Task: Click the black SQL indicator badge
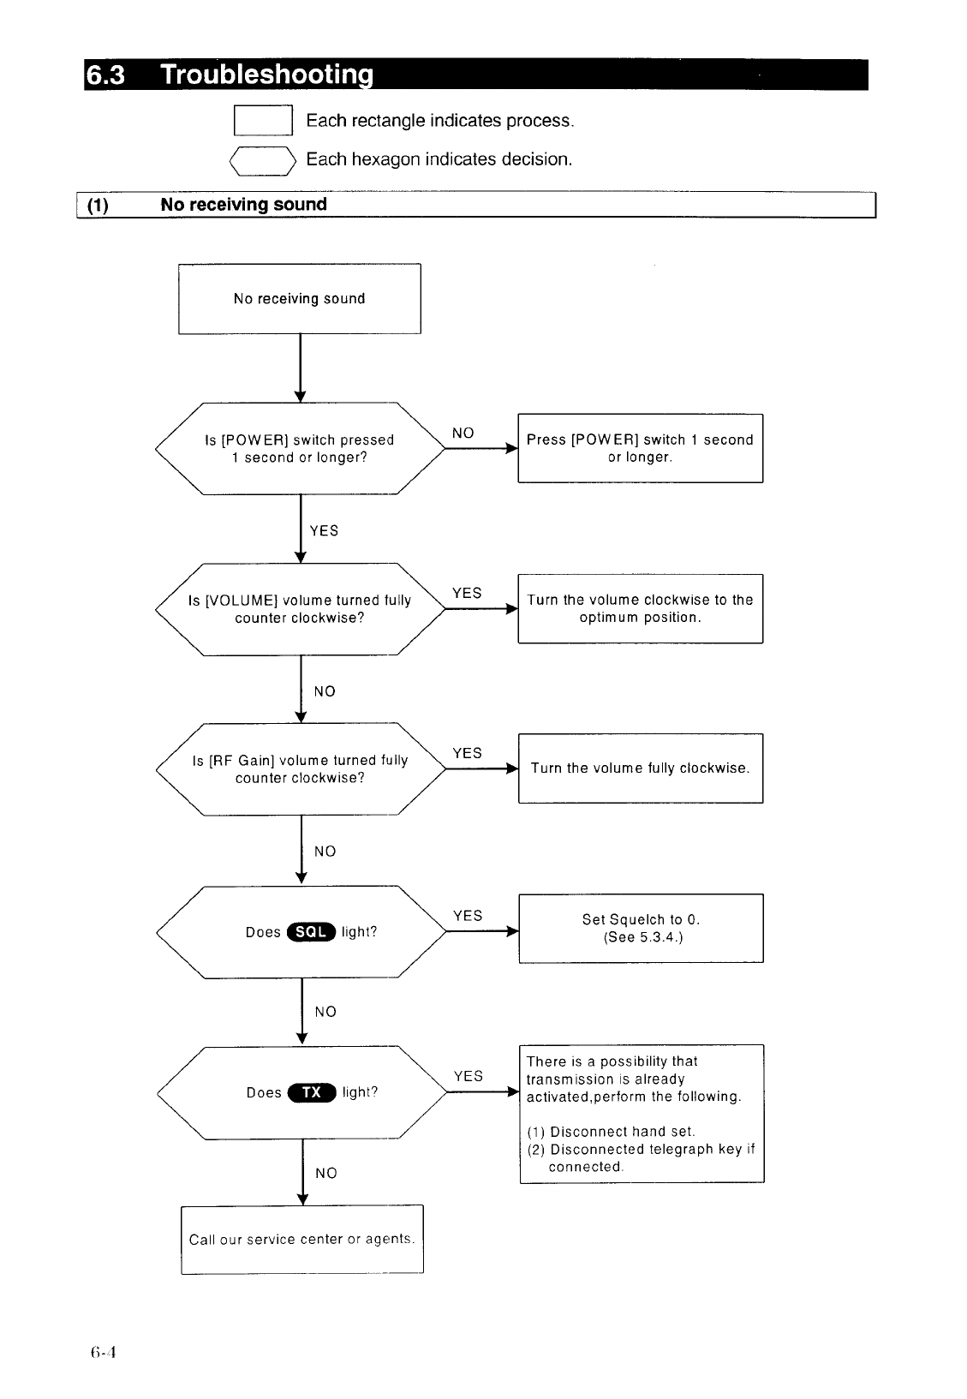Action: (311, 932)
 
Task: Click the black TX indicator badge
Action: (312, 1092)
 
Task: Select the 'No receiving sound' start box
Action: (300, 298)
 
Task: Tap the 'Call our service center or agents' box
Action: (302, 1239)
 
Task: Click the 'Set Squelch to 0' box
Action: (642, 928)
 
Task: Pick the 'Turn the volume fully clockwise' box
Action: (641, 768)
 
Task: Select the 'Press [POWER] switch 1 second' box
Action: (641, 448)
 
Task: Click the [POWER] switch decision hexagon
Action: (301, 448)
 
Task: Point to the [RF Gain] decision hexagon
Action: (301, 768)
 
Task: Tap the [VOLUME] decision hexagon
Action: (301, 609)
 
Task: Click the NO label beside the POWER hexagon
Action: (463, 433)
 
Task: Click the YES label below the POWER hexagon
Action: (324, 531)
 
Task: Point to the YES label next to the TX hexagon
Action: (469, 1076)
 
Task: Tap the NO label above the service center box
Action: (325, 1173)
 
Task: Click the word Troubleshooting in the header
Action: (267, 75)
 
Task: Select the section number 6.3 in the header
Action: (104, 75)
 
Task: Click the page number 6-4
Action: (103, 1353)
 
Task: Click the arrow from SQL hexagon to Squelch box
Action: (482, 931)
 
